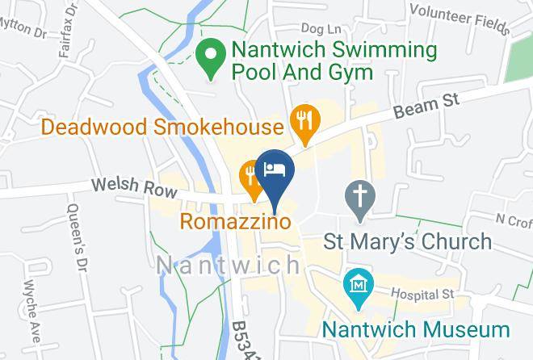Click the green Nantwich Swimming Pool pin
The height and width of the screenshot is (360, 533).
point(212,58)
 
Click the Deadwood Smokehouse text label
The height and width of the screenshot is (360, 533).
point(162,127)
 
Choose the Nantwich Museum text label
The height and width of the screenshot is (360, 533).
point(417,329)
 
